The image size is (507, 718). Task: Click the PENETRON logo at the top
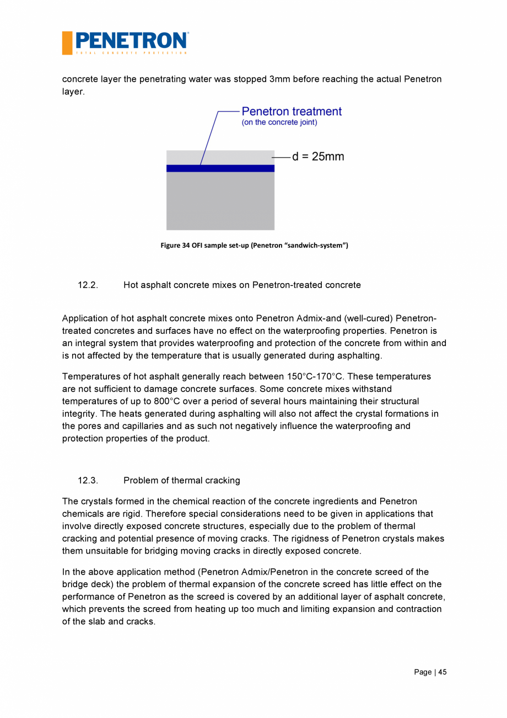(x=126, y=42)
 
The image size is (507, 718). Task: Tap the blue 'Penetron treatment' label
(x=292, y=111)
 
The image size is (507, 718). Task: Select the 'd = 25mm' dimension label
(x=318, y=157)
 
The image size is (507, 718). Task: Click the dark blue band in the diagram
(x=220, y=168)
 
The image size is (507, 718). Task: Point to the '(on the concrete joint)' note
(x=279, y=123)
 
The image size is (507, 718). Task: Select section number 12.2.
(x=88, y=285)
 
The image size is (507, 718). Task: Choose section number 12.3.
(x=88, y=481)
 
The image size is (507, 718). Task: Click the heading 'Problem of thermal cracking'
(x=182, y=481)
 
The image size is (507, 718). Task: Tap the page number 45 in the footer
(x=442, y=672)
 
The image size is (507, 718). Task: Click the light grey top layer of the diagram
(x=220, y=157)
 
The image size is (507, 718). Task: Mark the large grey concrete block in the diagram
(x=220, y=201)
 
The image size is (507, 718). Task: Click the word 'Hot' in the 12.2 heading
(x=131, y=285)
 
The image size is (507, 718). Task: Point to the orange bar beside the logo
(x=67, y=43)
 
